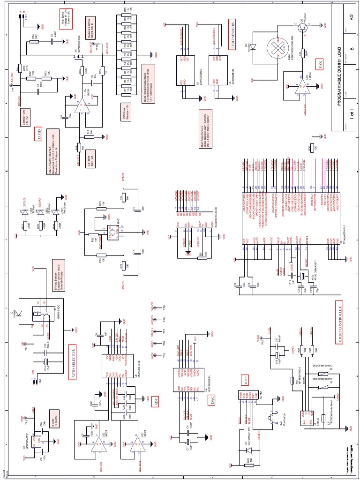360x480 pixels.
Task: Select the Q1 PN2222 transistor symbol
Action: click(x=302, y=28)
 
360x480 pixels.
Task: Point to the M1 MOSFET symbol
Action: click(x=75, y=58)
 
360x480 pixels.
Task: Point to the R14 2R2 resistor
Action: click(x=34, y=41)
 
